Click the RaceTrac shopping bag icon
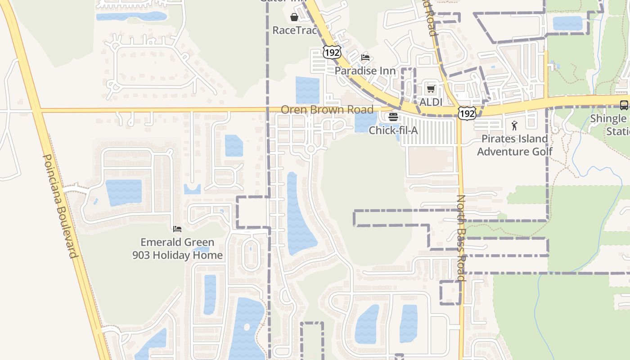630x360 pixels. coord(294,18)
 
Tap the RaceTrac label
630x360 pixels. coord(295,31)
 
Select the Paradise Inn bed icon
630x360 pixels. coord(365,58)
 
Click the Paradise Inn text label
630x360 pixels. coord(365,71)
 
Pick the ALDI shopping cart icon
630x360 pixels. coord(431,89)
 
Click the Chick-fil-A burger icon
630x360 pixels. coord(393,117)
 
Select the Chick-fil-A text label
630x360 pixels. coord(393,130)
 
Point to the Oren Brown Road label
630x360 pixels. coord(327,109)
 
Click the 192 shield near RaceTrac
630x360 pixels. coord(331,52)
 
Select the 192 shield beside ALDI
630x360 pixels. coord(467,113)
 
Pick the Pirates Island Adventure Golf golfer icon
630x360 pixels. coord(515,126)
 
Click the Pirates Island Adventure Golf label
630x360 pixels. coord(515,145)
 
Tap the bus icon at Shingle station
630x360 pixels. coord(624,105)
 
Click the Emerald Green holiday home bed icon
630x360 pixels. coord(177,229)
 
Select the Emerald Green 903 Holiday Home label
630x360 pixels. coord(177,248)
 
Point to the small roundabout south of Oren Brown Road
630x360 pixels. coord(310,149)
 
